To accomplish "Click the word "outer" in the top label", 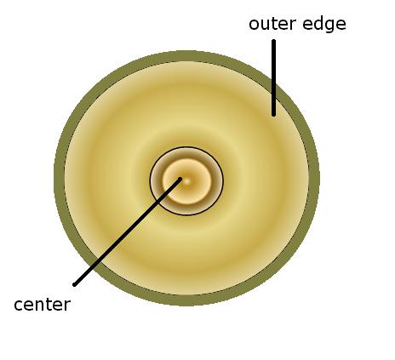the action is pos(272,24).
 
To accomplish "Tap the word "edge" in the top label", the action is pos(324,25).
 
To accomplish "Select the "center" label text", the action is pos(42,306).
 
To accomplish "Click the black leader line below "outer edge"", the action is pos(273,77).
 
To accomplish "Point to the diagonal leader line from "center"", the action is pos(127,231).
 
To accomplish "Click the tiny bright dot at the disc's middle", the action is pos(186,181).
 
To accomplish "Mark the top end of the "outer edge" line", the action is pos(273,41).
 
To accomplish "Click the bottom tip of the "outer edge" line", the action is pos(273,115).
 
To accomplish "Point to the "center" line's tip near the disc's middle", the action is pos(180,179).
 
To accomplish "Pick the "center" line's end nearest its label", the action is pos(74,284).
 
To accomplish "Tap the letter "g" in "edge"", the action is pos(329,26).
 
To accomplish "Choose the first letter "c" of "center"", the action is pos(18,306).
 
